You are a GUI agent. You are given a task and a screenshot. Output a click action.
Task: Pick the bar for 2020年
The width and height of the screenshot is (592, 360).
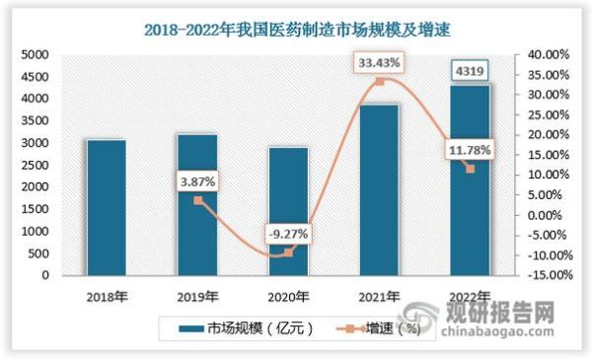tap(288, 211)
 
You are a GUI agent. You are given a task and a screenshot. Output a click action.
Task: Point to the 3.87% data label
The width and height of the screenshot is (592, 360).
tap(197, 181)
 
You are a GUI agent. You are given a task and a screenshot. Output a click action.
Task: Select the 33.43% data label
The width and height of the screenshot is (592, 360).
tap(380, 64)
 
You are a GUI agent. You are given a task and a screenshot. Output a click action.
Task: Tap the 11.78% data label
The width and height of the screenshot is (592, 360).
tap(470, 151)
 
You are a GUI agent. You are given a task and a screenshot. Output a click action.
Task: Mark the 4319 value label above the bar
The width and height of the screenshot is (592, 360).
tap(470, 70)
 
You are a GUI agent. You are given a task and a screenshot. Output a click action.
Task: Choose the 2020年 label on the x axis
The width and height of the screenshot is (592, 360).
tap(288, 294)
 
